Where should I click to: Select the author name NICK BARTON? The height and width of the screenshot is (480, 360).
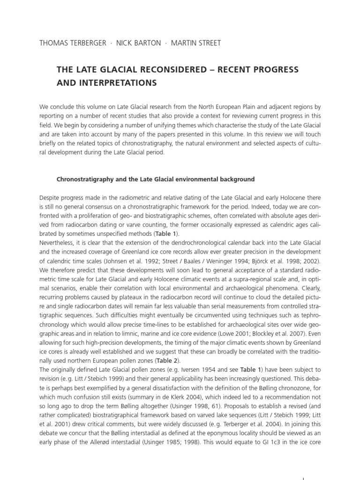tap(137, 43)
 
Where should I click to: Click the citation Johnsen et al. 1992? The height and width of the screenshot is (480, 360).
tap(150, 261)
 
